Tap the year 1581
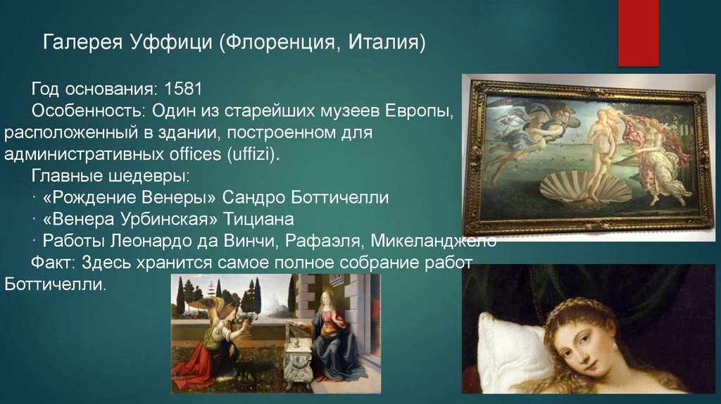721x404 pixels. point(183,90)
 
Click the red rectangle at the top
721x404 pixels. point(638,32)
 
